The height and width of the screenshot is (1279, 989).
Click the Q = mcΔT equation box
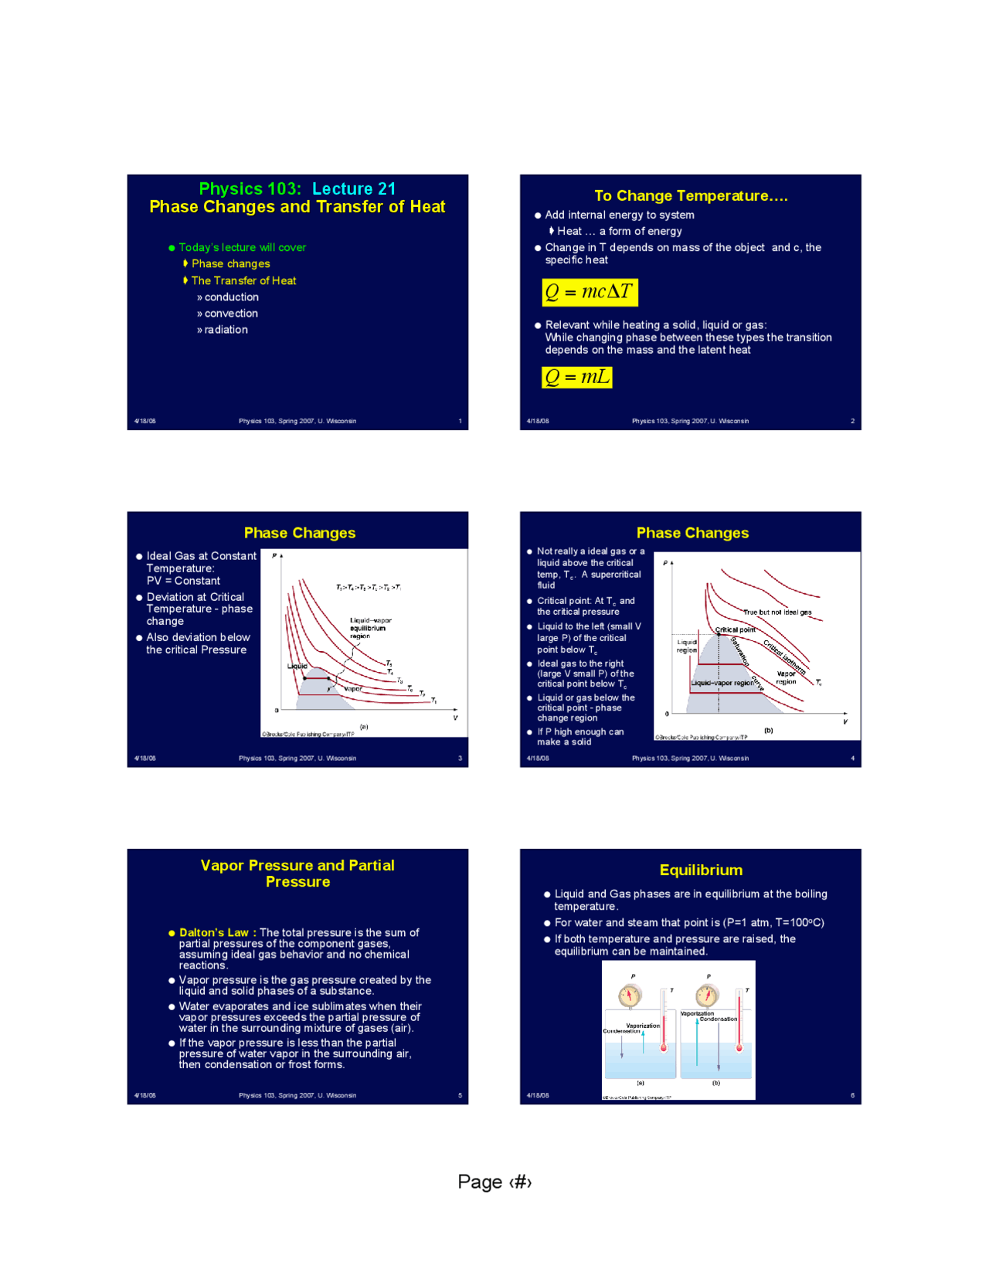coord(590,292)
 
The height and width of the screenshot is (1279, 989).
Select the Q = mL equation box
coord(576,377)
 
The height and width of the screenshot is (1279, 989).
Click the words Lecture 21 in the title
coord(354,188)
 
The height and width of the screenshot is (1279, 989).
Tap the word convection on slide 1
coord(231,314)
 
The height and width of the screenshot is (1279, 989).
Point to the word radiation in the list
coord(226,330)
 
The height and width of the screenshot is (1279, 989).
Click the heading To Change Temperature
coord(691,196)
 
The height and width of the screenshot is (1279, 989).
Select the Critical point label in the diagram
coord(735,629)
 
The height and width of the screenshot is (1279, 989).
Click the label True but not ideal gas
coord(777,612)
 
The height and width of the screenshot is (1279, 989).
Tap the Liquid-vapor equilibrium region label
coord(370,628)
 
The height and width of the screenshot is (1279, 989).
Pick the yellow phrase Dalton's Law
coord(214,932)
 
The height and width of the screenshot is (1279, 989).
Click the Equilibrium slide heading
coord(701,870)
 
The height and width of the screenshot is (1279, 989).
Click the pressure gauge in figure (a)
coord(630,996)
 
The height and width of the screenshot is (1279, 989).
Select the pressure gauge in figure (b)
coord(707,996)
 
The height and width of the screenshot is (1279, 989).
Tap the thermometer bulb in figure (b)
coord(739,1048)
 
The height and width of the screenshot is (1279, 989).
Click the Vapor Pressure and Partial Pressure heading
coord(297,874)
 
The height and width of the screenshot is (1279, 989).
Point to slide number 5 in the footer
coord(460,1095)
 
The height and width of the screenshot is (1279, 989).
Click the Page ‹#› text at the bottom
coord(494,1182)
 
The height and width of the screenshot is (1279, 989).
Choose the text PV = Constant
coord(183,581)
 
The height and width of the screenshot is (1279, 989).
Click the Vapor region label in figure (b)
coord(786,677)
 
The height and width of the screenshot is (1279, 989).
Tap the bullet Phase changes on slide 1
coord(230,264)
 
